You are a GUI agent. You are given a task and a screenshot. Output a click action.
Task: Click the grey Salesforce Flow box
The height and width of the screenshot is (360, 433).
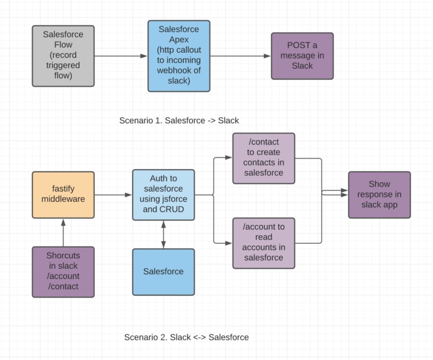[63, 56]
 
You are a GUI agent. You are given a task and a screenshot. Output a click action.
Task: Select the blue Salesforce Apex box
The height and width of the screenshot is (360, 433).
[178, 56]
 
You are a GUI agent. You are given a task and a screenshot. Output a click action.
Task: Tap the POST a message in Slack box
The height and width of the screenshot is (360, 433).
[302, 56]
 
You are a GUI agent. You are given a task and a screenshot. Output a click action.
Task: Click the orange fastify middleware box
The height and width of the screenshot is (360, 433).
[63, 195]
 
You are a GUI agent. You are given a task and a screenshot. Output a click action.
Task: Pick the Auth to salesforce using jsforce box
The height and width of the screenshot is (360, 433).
[163, 195]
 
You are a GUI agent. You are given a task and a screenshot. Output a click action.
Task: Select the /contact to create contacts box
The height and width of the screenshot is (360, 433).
[263, 158]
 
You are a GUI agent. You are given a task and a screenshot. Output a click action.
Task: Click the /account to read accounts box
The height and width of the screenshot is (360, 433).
[263, 243]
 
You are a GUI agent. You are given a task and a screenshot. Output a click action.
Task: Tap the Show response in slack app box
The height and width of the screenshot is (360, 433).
[379, 195]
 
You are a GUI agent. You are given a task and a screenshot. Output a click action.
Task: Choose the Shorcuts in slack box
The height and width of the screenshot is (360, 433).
[63, 271]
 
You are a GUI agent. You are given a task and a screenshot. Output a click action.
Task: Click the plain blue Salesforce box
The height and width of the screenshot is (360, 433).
[163, 271]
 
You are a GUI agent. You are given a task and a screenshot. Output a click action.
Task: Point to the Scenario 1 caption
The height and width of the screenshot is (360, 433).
[178, 120]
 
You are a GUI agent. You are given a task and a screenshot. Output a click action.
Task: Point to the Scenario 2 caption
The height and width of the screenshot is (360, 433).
[186, 337]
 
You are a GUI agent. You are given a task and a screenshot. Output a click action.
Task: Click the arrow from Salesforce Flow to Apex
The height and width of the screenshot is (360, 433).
[121, 56]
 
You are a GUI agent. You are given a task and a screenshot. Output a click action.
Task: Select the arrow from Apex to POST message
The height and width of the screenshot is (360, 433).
[240, 56]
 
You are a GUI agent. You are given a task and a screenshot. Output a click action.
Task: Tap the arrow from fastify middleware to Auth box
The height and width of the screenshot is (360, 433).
[113, 195]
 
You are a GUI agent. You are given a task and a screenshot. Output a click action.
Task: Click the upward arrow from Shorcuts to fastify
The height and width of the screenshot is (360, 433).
[63, 232]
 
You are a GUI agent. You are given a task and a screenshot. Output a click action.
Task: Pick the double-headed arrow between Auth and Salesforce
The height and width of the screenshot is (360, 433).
[163, 234]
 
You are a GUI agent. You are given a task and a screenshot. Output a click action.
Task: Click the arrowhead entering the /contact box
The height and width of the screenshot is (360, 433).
[229, 158]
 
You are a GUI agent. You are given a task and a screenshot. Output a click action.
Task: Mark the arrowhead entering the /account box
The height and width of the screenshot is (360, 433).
[229, 243]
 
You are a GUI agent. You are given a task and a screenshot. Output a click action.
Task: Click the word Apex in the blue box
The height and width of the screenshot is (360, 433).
[178, 40]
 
